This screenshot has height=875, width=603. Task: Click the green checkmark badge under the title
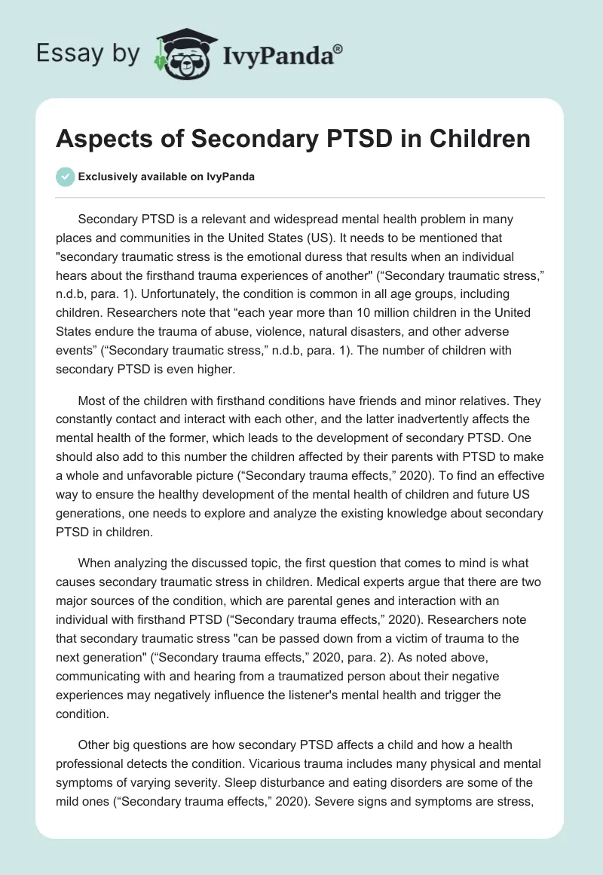pyautogui.click(x=65, y=177)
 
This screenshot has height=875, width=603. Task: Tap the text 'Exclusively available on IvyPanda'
pyautogui.click(x=167, y=177)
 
